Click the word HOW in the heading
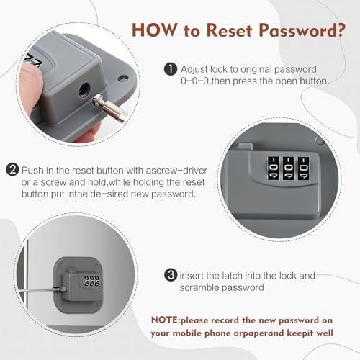click(x=154, y=30)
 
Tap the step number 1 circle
click(x=171, y=69)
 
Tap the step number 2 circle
click(x=12, y=170)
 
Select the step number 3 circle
click(x=171, y=275)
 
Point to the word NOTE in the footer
click(x=165, y=320)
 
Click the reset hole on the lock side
click(x=84, y=90)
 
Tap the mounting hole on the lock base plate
click(x=123, y=78)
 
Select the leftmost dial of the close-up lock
click(x=273, y=168)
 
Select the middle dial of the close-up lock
click(x=288, y=168)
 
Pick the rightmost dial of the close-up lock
click(x=303, y=168)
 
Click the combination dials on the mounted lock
click(x=92, y=282)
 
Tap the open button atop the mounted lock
click(x=71, y=270)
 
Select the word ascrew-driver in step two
click(x=176, y=171)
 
